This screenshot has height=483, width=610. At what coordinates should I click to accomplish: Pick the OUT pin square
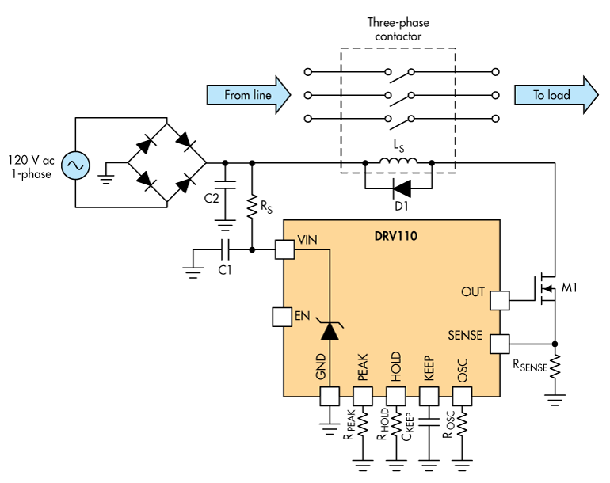point(499,300)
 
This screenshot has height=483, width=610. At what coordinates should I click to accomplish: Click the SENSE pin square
point(499,344)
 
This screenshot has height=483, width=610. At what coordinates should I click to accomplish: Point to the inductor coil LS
point(399,164)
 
